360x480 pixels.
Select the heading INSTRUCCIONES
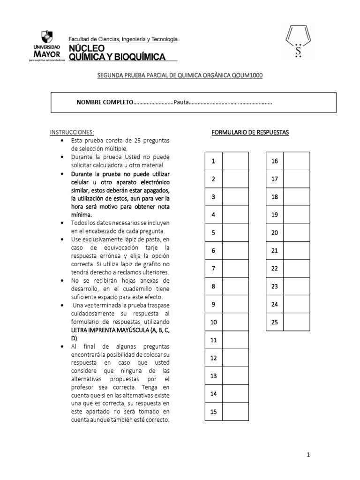(x=72, y=133)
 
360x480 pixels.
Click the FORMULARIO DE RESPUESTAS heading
(x=250, y=133)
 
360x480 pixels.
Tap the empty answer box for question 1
(x=235, y=161)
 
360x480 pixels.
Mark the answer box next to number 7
(x=235, y=269)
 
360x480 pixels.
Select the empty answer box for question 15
(x=235, y=412)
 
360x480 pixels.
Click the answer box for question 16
(x=296, y=161)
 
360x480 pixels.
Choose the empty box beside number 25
(x=296, y=322)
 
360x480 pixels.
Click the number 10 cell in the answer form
(x=213, y=322)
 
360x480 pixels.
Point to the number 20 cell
(x=275, y=232)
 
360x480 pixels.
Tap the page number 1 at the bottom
(x=308, y=454)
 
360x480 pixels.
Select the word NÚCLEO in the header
(x=87, y=49)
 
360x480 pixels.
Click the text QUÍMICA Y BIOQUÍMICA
(x=117, y=57)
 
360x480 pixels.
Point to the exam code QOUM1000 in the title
(x=247, y=75)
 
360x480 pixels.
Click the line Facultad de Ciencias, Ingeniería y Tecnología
(x=123, y=39)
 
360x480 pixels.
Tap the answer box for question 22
(x=296, y=269)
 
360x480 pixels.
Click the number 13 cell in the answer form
(x=213, y=376)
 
